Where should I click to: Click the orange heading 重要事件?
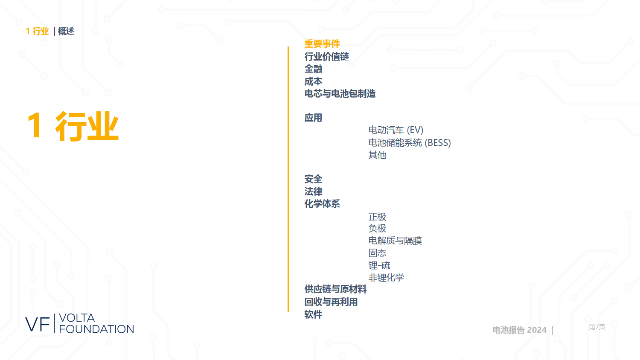click(322, 44)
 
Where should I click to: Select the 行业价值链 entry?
click(326, 57)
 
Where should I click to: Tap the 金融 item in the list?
click(313, 69)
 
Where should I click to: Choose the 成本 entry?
click(313, 81)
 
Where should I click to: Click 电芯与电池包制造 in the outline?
click(340, 94)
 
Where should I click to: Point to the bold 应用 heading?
click(313, 118)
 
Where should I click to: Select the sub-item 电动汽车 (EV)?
click(396, 130)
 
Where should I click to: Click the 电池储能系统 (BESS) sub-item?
click(410, 142)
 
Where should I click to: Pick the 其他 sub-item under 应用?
click(377, 155)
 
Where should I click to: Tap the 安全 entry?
click(313, 179)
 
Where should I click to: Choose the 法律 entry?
click(313, 192)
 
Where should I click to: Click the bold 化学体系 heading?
click(322, 204)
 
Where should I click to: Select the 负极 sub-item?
click(377, 228)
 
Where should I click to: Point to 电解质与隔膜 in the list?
click(395, 241)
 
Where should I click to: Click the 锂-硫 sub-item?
click(379, 265)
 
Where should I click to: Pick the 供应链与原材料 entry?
click(335, 290)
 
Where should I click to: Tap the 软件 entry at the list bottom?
click(313, 314)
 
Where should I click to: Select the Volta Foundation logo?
click(79, 323)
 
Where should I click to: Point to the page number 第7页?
click(597, 327)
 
